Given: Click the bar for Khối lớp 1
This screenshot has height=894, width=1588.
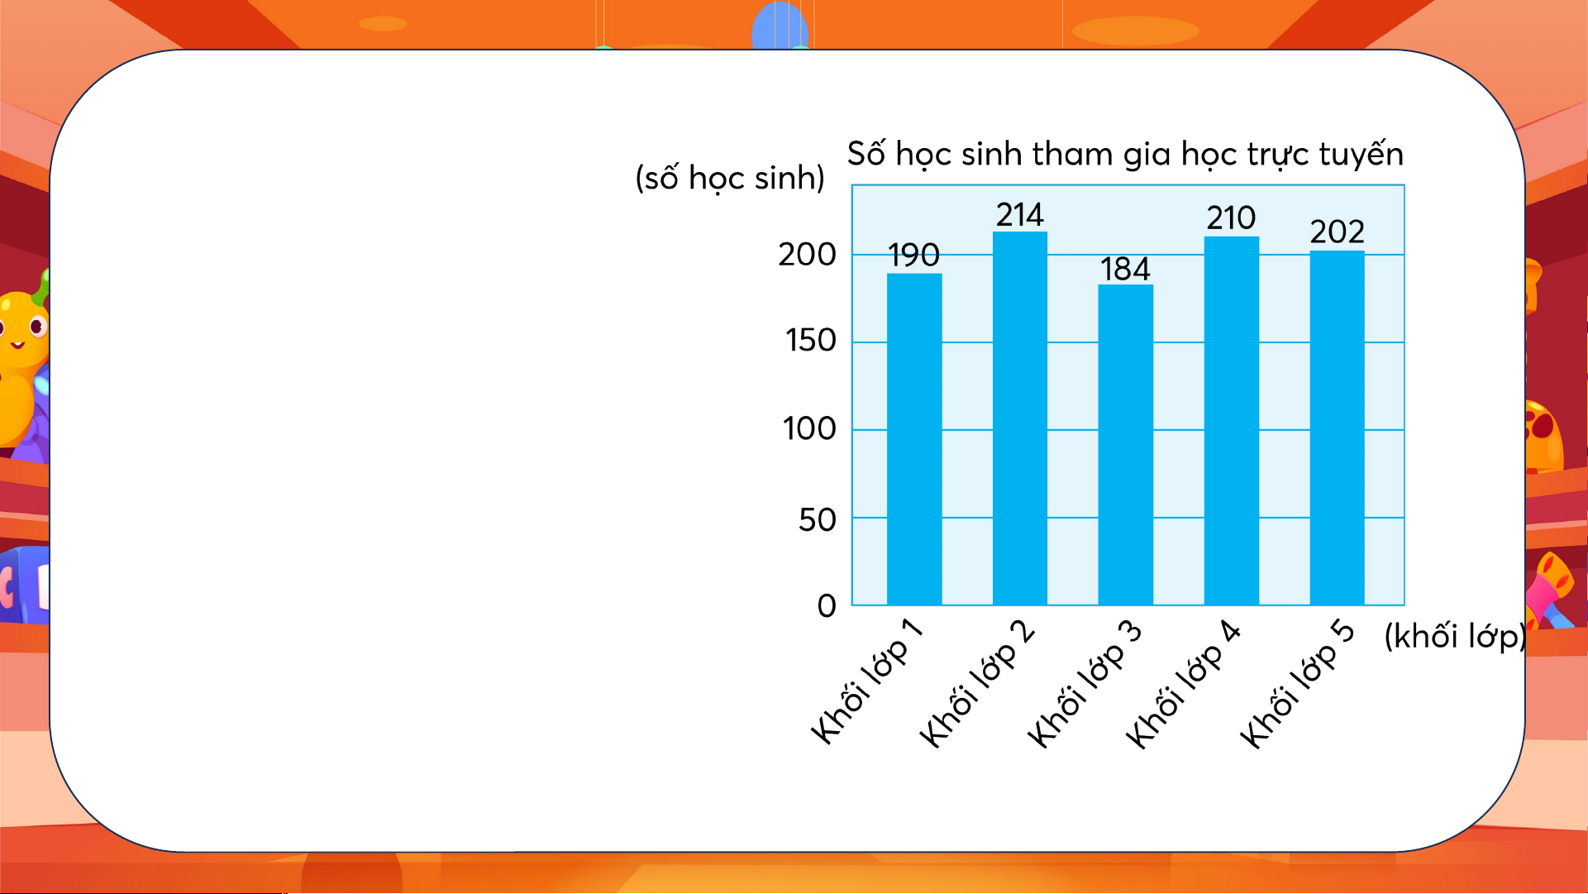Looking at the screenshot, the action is (914, 439).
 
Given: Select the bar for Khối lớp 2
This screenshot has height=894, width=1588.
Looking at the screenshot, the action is (1020, 418).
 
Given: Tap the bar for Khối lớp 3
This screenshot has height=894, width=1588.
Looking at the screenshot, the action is (1125, 445).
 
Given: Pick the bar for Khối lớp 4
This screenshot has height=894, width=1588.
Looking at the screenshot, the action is (1232, 421).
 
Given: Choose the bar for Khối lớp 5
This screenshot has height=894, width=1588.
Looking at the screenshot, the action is (1337, 428).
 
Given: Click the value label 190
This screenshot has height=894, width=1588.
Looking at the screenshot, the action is (913, 255).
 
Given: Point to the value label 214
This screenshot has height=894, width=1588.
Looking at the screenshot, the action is (1020, 215).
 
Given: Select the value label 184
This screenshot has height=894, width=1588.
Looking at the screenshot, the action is (1125, 269).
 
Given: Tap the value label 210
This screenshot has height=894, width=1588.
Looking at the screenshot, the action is (1231, 218).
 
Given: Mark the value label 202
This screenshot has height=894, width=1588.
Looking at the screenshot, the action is (1337, 232).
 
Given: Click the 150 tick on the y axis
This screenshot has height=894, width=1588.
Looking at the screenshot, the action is (811, 341).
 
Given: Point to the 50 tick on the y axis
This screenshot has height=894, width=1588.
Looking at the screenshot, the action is (818, 520).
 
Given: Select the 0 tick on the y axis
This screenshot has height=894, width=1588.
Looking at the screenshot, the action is (827, 606).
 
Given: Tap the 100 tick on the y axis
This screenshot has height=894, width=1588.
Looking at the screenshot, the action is (810, 429).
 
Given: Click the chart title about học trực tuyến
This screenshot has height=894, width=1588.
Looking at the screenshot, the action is (1125, 155).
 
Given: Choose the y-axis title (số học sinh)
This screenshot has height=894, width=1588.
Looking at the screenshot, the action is (730, 179).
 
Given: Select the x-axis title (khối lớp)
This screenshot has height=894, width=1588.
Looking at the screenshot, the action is (1455, 636).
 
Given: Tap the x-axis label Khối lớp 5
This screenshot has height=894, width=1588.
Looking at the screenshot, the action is (1297, 685).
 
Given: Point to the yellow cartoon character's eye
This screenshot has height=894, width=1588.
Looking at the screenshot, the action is (37, 327).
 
